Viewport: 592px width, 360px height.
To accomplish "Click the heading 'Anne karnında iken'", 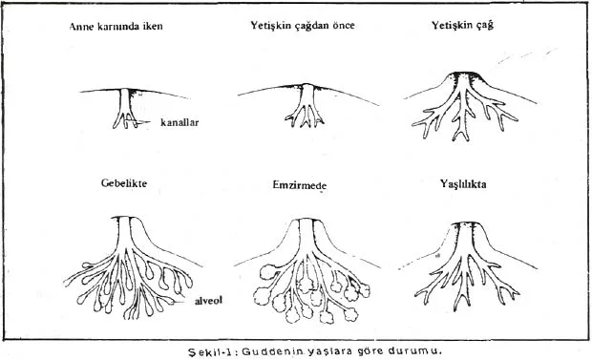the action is tap(116, 27).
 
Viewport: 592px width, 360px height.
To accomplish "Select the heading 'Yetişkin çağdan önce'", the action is tap(303, 26).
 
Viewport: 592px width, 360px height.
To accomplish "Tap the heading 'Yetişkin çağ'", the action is tap(462, 26).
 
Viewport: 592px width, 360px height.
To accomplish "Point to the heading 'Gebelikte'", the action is tap(124, 183).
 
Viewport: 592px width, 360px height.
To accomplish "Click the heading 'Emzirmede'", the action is tap(300, 185).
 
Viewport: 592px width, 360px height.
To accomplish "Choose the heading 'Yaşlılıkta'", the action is tap(463, 184).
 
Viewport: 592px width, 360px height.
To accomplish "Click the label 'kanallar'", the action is tap(180, 122).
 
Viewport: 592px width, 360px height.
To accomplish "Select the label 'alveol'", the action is tap(208, 301).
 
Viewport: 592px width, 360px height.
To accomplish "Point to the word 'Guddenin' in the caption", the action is tap(272, 351).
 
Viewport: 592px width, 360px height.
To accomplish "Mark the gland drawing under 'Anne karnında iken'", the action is tap(133, 108).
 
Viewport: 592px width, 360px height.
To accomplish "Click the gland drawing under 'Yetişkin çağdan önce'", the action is tap(307, 104).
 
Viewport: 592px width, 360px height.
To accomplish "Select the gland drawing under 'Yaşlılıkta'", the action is tap(468, 265).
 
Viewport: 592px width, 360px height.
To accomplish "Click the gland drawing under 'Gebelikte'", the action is tap(132, 266).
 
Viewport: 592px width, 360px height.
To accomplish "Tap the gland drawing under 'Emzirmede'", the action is tap(306, 269).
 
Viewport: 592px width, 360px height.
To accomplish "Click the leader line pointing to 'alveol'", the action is tap(183, 302).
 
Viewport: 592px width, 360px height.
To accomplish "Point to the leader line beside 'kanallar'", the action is tap(143, 121).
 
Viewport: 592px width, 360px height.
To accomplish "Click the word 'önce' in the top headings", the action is tap(344, 26).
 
